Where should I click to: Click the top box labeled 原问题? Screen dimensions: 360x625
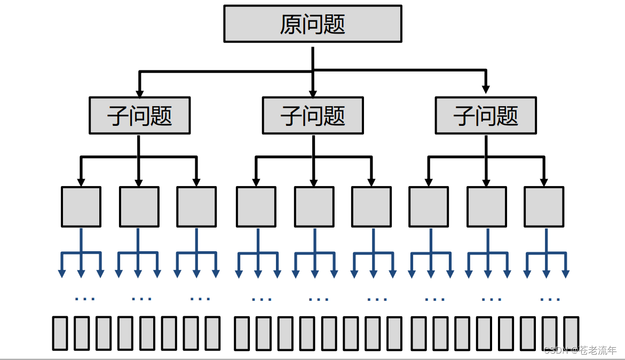pos(312,24)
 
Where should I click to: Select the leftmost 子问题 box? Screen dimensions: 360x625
pos(139,115)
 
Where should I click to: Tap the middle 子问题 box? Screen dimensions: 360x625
pos(312,115)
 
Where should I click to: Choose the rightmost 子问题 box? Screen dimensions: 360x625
pos(486,115)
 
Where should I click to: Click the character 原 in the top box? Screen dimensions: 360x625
pos(291,25)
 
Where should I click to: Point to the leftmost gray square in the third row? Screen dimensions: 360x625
pos(81,206)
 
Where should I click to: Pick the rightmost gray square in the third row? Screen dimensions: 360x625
pos(543,206)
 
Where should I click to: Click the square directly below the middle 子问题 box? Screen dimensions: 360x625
pos(314,206)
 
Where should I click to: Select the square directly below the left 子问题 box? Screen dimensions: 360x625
pos(139,206)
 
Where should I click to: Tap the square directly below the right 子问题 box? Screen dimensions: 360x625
pos(486,206)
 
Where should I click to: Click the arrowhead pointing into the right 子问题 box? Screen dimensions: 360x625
pos(486,90)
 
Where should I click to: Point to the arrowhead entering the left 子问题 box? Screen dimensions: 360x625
pos(139,92)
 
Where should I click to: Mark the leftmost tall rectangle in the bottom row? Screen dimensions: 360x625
pos(60,333)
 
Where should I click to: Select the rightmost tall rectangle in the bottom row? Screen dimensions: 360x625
pos(571,333)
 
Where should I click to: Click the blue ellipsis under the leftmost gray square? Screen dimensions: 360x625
pos(84,298)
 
